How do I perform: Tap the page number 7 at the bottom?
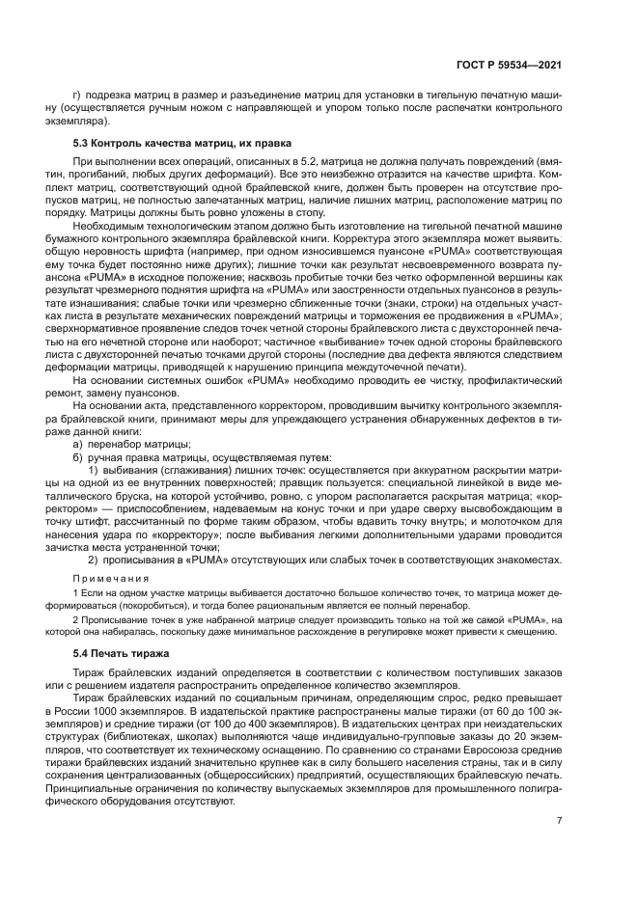(559, 820)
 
